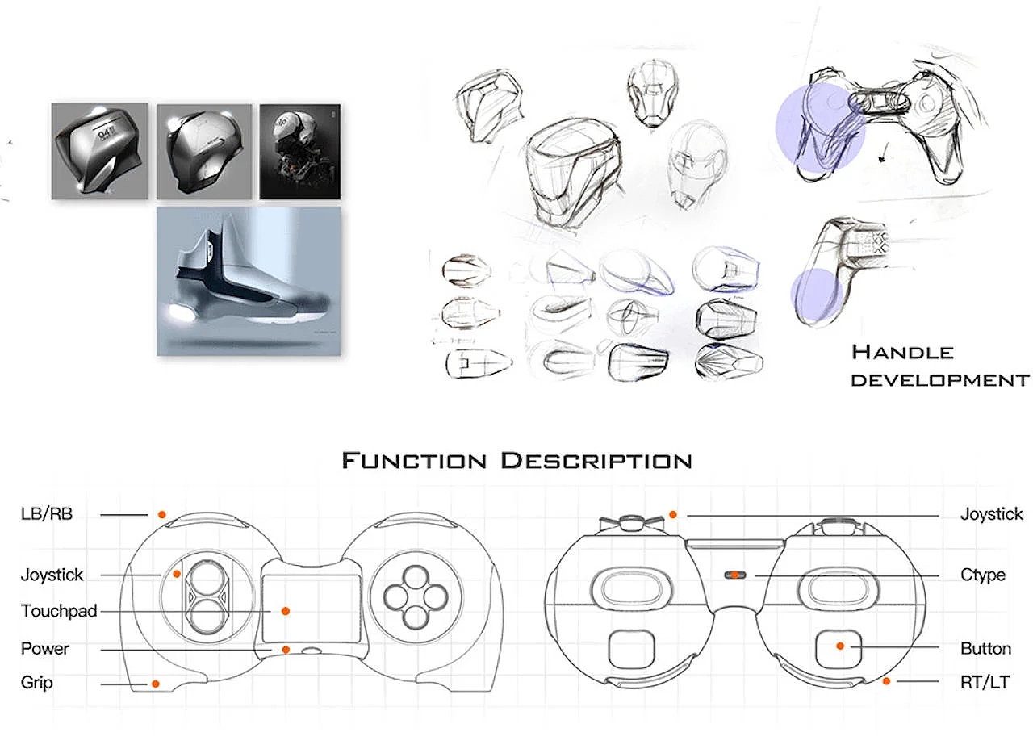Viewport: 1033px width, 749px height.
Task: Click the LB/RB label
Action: coord(46,514)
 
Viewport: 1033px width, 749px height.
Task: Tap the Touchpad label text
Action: coord(59,612)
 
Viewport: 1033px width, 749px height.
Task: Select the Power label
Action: coord(45,649)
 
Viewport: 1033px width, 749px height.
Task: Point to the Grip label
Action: coord(37,683)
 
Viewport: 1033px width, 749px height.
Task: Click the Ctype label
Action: coord(983,575)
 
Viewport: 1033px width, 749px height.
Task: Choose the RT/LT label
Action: coord(985,682)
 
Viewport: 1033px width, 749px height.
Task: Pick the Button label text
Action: coord(985,649)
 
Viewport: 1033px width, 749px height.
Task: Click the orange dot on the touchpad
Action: coord(285,611)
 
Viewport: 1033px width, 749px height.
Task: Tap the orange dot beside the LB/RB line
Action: coord(161,514)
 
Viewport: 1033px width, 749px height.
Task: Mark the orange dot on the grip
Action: coord(155,684)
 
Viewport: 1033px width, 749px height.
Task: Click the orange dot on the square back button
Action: coord(840,646)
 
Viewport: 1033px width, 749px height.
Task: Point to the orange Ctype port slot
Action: coord(734,575)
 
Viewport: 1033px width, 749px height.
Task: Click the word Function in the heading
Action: coord(414,462)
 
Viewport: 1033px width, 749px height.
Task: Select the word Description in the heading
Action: coord(596,462)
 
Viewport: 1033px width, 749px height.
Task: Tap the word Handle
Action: coord(902,352)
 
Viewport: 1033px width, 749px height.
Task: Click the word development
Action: coord(940,379)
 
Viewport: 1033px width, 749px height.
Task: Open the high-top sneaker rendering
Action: coord(249,281)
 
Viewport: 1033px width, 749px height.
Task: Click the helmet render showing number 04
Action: coord(100,151)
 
